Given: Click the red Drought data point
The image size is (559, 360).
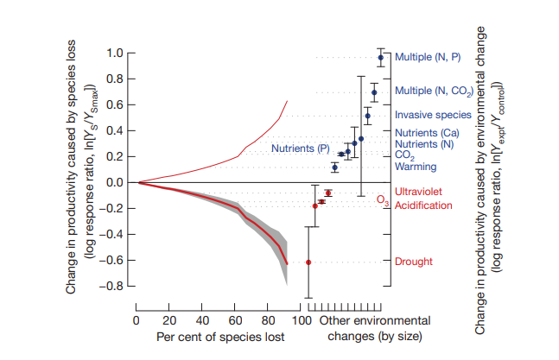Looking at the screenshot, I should pyautogui.click(x=308, y=262).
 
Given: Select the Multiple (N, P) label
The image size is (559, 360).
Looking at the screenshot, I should pyautogui.click(x=428, y=57).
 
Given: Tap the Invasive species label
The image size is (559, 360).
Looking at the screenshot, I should pyautogui.click(x=432, y=114).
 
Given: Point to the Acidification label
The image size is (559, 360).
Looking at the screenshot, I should pyautogui.click(x=423, y=205).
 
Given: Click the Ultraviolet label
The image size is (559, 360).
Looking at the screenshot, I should pyautogui.click(x=418, y=191).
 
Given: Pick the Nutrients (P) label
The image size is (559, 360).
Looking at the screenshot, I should pyautogui.click(x=301, y=149).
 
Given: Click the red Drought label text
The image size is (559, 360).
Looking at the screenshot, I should pyautogui.click(x=413, y=262).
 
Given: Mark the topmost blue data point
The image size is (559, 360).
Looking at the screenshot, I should pyautogui.click(x=380, y=58).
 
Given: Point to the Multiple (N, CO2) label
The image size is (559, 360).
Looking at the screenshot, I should pyautogui.click(x=432, y=91).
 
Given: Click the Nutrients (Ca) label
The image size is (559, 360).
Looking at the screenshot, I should pyautogui.click(x=426, y=133).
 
